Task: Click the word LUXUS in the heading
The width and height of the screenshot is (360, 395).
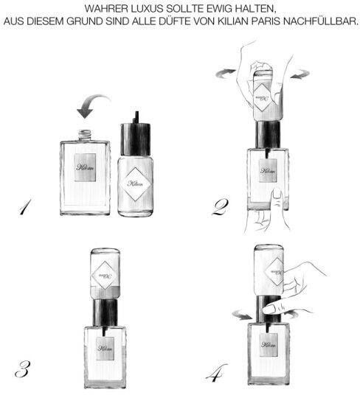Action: point(147,9)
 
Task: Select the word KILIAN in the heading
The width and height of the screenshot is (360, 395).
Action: point(232,21)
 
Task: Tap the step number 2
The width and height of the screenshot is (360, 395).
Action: point(221,207)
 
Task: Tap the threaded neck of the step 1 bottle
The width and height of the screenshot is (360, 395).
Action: point(85,136)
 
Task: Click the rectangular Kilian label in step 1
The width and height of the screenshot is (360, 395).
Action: point(86,167)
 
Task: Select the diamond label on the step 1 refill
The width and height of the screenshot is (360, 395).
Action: point(136,184)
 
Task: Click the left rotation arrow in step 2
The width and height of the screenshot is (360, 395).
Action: point(226,72)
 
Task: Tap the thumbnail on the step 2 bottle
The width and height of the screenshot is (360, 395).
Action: point(278,194)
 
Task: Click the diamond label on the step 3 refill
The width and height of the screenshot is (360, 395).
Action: point(105,275)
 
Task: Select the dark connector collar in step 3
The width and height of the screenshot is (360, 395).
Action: point(105,312)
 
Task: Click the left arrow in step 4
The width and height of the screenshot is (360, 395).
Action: point(243,315)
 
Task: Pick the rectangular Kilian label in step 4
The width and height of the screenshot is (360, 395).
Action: point(269,345)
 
